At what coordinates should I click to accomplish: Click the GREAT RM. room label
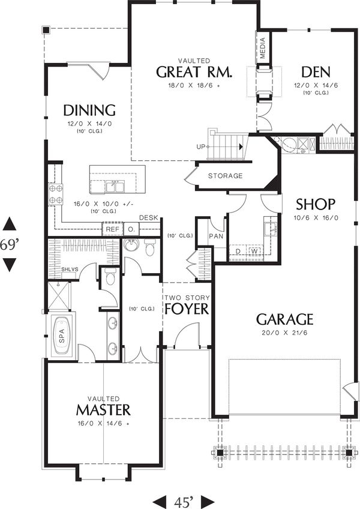click(194, 73)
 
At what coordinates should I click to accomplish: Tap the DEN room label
click(316, 73)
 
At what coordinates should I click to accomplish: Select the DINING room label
click(89, 110)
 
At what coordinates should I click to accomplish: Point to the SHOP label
click(314, 203)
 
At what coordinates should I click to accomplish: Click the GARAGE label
click(285, 319)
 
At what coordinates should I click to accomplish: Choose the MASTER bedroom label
click(103, 410)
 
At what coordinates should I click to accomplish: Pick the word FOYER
click(187, 309)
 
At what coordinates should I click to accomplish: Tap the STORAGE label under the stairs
click(226, 176)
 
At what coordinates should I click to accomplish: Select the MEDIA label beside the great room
click(263, 49)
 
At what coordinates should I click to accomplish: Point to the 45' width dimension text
click(183, 500)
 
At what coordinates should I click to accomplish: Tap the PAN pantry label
click(216, 237)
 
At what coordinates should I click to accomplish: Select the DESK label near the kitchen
click(148, 217)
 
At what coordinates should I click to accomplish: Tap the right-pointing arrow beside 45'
click(208, 500)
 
